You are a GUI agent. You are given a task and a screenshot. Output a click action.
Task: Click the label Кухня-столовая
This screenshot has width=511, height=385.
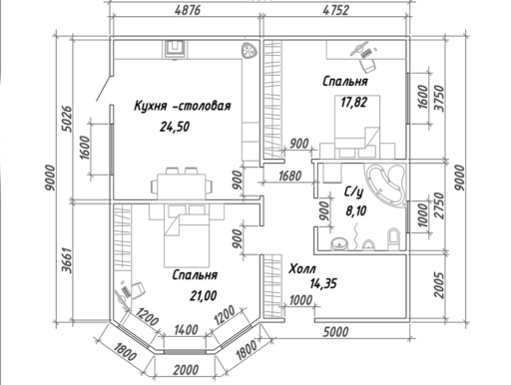[183, 106]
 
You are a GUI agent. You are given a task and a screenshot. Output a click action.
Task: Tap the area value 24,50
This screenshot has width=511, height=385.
[175, 127]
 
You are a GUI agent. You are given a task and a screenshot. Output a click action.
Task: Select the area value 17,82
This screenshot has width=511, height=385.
[353, 102]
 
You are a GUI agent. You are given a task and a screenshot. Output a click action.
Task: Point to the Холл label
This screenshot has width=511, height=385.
[302, 268]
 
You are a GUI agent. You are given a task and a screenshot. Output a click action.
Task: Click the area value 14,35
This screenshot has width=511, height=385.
[323, 283]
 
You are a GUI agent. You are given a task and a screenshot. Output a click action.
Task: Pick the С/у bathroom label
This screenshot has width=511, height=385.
[353, 192]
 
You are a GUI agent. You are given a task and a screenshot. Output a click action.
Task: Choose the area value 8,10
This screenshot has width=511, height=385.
[356, 210]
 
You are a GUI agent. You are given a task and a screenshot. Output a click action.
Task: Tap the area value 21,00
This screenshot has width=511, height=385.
[204, 295]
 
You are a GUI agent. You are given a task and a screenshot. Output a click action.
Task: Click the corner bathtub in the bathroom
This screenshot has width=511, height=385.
[386, 184]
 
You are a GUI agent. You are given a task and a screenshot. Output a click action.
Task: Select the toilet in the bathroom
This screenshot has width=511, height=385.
[393, 238]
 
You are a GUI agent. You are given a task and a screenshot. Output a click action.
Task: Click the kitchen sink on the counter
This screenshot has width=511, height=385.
[176, 49]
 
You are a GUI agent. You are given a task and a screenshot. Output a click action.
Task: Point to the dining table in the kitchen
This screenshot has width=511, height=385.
[182, 187]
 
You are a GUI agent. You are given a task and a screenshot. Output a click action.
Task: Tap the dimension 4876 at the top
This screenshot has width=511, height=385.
[188, 10]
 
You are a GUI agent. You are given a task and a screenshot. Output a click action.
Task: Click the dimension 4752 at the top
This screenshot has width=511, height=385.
[336, 10]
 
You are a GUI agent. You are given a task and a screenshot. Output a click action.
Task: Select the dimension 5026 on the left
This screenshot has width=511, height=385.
[67, 119]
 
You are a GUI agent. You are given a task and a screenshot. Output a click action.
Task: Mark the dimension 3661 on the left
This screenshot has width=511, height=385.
[67, 260]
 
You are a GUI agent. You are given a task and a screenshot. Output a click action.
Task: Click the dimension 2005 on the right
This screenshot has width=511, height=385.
[439, 285]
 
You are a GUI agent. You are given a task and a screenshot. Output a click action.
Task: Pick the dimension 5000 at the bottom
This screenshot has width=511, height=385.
[336, 331]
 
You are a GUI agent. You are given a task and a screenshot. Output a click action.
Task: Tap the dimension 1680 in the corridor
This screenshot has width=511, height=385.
[290, 176]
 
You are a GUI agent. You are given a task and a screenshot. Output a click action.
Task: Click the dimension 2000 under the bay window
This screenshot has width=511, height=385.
[186, 370]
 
